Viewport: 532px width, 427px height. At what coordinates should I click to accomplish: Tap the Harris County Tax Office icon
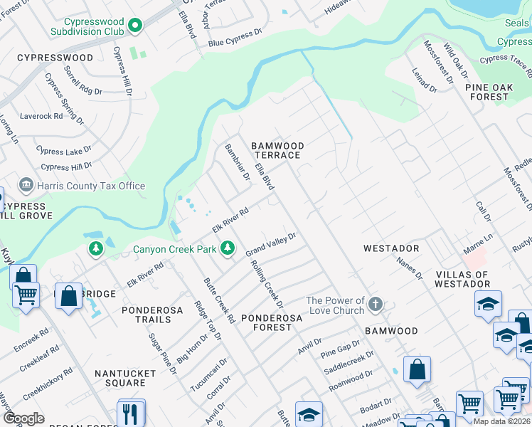click(26, 186)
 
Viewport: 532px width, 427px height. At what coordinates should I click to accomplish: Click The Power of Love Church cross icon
click(376, 306)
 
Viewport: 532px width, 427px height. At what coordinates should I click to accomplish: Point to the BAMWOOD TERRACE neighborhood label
click(277, 150)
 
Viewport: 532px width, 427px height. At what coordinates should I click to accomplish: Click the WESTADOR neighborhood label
click(390, 248)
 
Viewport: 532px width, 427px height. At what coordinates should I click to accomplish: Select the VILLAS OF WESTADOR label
click(462, 280)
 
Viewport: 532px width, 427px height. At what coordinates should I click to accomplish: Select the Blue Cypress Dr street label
click(235, 43)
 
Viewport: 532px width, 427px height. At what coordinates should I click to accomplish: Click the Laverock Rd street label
click(41, 115)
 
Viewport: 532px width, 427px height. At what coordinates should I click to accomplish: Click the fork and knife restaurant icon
click(131, 413)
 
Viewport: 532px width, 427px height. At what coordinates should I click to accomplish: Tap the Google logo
click(24, 418)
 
